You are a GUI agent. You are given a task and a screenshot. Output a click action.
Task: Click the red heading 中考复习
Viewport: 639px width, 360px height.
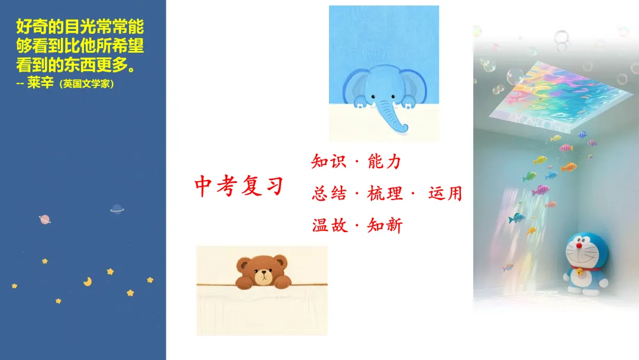239,187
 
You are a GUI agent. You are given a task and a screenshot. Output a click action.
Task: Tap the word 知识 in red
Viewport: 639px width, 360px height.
329,161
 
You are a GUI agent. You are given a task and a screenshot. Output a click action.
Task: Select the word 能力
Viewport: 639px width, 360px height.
385,161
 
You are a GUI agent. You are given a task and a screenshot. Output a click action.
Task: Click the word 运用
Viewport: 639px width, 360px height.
445,193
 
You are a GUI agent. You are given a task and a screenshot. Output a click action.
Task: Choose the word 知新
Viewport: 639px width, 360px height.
385,225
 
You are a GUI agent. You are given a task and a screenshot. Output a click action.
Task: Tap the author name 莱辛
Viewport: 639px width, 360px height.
41,83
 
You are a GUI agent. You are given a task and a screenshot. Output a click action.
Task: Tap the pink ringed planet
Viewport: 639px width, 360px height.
44,220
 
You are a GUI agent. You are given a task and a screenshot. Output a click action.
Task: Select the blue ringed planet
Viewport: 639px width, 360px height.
117,208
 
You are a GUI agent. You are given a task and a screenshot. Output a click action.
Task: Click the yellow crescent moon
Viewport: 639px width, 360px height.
88,282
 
